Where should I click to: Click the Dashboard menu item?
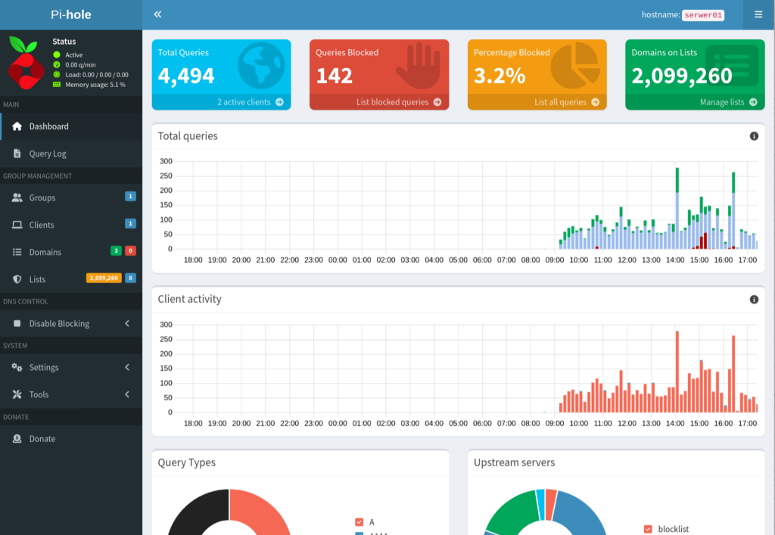point(48,126)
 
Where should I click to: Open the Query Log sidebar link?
point(48,154)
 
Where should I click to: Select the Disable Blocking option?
point(59,324)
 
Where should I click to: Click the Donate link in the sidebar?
point(42,439)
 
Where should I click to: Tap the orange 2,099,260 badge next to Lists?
point(104,278)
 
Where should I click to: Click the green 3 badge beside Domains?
point(116,251)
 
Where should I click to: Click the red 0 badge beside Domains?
point(130,251)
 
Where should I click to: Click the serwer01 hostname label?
point(703,15)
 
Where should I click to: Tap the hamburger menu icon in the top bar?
point(758,14)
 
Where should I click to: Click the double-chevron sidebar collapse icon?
point(157,14)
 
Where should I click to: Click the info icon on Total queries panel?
point(754,136)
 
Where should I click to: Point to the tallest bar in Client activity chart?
point(677,372)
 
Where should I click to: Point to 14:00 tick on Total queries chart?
point(675,260)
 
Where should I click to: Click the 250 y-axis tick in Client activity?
point(166,339)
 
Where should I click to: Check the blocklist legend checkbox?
point(648,529)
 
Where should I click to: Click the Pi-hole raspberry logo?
point(25,64)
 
